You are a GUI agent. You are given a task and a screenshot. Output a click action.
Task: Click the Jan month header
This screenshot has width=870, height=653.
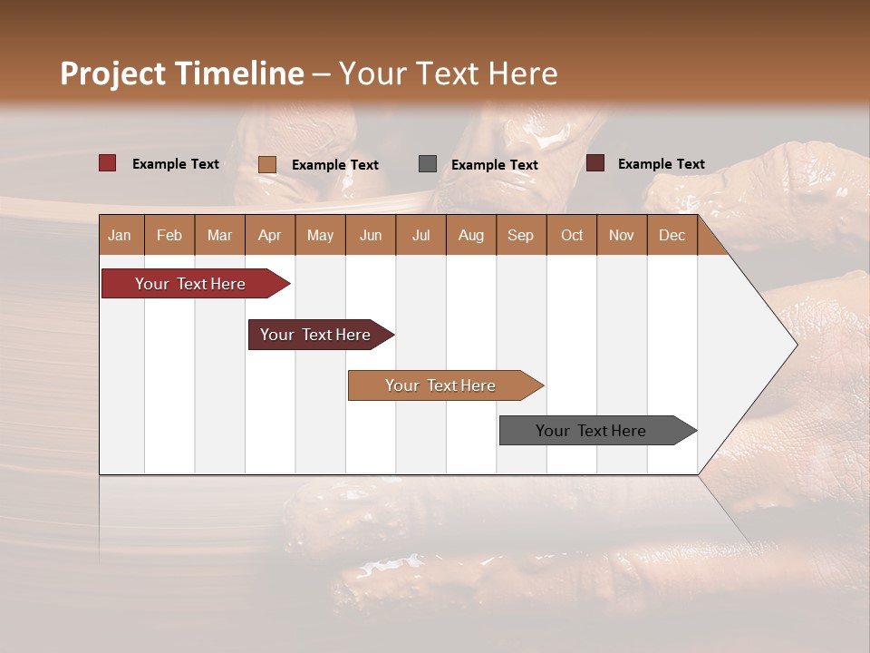tap(121, 235)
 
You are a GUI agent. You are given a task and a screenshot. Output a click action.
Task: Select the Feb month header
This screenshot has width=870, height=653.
tap(169, 235)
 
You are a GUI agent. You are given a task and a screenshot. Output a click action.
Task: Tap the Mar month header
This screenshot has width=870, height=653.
tap(219, 235)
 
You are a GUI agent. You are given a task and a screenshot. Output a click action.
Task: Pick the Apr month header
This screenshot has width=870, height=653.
tap(270, 235)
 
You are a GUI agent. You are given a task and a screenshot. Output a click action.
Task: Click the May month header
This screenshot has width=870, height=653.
tap(320, 235)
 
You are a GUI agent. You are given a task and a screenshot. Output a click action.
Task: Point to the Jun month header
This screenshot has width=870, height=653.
tap(371, 235)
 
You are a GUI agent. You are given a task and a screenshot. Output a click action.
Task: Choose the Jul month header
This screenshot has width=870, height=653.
tap(420, 235)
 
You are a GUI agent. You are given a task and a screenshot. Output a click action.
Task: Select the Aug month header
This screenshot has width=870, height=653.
tap(471, 235)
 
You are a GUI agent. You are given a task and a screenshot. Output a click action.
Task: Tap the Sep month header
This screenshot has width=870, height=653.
tap(521, 235)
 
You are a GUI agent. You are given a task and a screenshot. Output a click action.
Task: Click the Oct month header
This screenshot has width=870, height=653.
tap(572, 235)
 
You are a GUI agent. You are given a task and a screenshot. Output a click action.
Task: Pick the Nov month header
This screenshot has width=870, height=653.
tap(622, 235)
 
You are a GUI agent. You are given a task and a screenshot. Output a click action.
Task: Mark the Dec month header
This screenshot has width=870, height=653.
tap(672, 235)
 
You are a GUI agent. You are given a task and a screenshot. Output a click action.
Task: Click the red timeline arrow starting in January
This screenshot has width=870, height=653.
tap(191, 284)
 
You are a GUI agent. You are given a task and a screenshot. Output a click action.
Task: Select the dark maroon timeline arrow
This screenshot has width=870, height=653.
tap(316, 335)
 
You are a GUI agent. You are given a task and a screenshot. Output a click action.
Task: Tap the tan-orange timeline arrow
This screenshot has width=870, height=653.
tap(441, 385)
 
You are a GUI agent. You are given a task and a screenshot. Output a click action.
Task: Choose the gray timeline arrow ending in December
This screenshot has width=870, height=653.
tap(592, 431)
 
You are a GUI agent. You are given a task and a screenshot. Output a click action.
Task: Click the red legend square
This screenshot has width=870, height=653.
tap(107, 163)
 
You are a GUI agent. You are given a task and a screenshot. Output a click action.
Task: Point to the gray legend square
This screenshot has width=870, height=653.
tap(428, 163)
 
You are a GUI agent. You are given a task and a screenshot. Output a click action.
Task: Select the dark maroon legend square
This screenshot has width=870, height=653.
tap(594, 163)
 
